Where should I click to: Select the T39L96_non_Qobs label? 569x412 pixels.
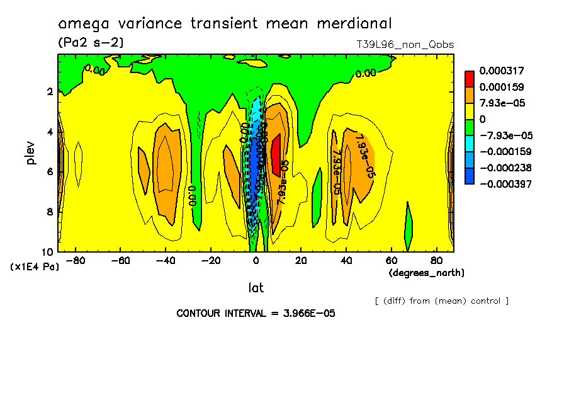[x=405, y=45]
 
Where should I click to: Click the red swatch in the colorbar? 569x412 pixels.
[x=470, y=78]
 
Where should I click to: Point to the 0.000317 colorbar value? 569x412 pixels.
[x=502, y=70]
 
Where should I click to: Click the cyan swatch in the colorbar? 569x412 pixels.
[x=470, y=144]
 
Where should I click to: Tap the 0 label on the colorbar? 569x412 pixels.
[x=482, y=119]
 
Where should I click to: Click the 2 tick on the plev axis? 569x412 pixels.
[x=49, y=92]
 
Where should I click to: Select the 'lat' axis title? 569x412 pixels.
[x=256, y=288]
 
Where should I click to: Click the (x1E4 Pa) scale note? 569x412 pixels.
[x=35, y=267]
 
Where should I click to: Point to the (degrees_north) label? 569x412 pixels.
[x=427, y=273]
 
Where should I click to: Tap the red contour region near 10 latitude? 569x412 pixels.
[x=276, y=154]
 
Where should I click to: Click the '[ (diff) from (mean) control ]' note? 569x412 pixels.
[x=441, y=301]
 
